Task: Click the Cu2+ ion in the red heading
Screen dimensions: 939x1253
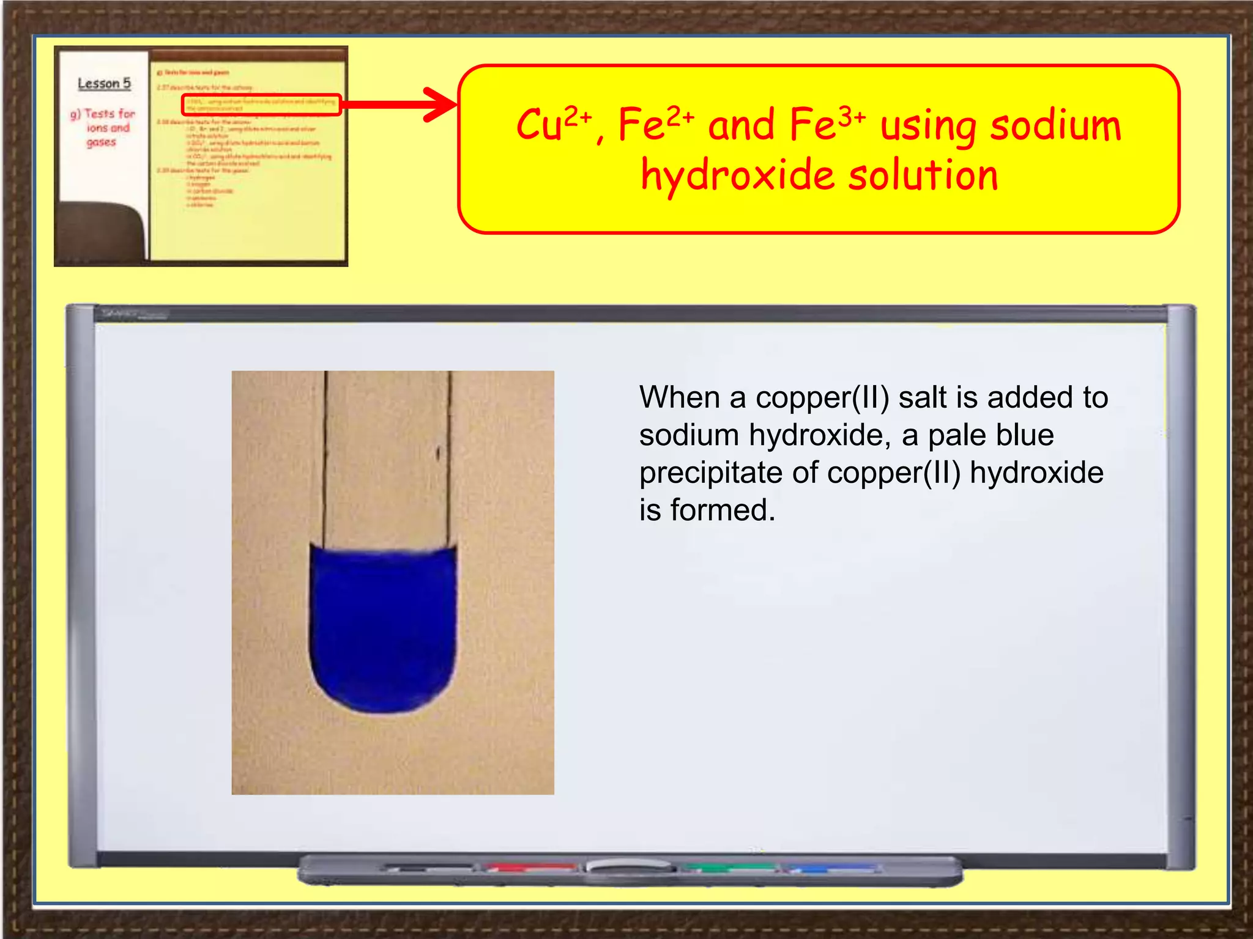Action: click(x=553, y=124)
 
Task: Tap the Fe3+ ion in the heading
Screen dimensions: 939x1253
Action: click(x=826, y=124)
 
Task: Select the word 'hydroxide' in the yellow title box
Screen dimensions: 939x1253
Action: click(x=737, y=175)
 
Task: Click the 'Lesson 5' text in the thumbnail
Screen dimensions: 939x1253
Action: click(x=104, y=84)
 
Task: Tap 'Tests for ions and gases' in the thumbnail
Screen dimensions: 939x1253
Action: click(x=103, y=127)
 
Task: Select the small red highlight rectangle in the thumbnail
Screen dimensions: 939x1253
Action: click(x=261, y=105)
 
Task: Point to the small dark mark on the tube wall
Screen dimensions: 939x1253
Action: click(x=438, y=453)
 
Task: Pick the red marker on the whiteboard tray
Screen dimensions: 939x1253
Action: click(x=531, y=867)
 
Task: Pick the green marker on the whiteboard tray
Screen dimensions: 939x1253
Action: click(x=728, y=867)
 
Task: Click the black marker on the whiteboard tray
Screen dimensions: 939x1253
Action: click(x=428, y=867)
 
